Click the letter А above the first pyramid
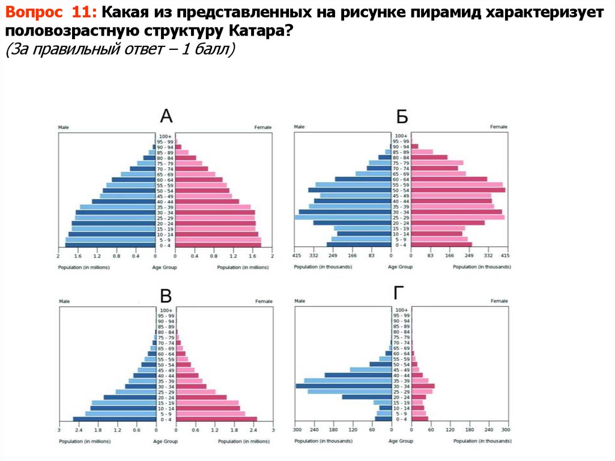166,117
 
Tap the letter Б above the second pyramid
402,117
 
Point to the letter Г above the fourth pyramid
399,293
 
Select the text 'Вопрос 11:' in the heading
51,13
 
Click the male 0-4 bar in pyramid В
114,420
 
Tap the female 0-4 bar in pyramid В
216,420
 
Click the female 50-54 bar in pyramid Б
458,190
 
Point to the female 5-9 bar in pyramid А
217,240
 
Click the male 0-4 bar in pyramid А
110,245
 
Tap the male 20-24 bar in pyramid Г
367,397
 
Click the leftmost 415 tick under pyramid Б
297,256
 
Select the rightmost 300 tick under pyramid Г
506,430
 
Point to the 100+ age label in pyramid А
166,136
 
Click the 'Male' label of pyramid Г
300,301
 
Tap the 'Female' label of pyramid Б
498,127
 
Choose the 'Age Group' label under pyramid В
166,441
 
